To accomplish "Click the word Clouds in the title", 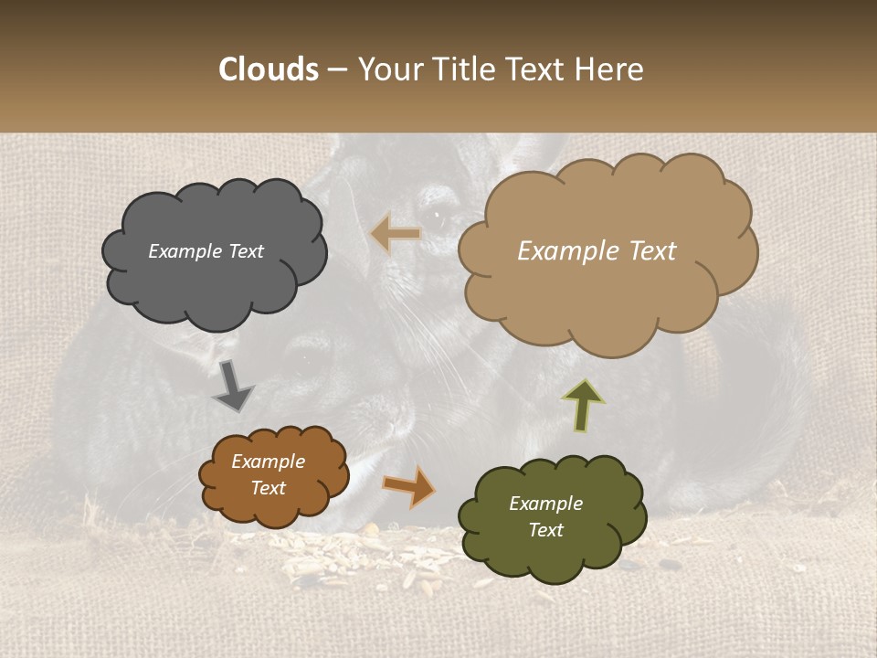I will point(268,69).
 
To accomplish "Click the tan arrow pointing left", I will point(396,235).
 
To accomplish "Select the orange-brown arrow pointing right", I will point(408,485).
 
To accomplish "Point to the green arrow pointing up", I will point(582,405).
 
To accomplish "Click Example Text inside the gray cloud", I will point(206,251).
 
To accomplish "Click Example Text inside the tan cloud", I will point(597,251).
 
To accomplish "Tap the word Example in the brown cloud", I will point(268,462).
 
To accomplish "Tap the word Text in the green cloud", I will point(545,530).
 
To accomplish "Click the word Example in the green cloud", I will point(545,504).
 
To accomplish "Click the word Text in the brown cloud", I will point(268,488).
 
